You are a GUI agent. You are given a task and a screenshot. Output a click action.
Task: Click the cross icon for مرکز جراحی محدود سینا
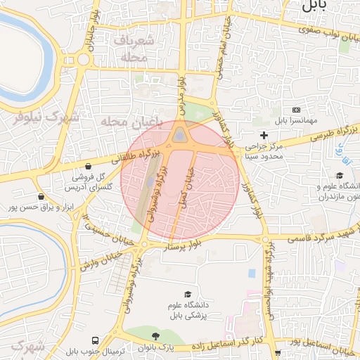pyautogui.click(x=264, y=134)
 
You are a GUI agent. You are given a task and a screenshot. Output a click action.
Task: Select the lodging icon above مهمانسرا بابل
pyautogui.click(x=295, y=110)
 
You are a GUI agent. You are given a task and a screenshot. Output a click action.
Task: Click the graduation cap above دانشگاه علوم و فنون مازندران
pyautogui.click(x=340, y=175)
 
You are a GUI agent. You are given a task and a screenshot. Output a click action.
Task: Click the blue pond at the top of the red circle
pyautogui.click(x=181, y=133)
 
